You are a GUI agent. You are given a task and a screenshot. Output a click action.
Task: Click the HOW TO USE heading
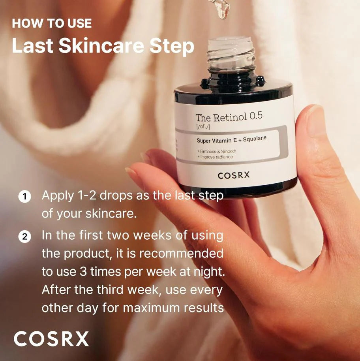(52, 23)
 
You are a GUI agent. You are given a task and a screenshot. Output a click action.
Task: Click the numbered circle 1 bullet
(25, 196)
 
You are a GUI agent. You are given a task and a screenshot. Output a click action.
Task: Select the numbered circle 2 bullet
(25, 237)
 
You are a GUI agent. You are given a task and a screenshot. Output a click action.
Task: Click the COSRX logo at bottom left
(51, 339)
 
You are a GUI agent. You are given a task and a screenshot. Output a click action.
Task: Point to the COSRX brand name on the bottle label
(234, 175)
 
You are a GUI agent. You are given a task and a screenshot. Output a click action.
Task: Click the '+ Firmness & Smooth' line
(217, 151)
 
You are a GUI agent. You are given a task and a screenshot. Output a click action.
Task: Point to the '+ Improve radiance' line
(215, 157)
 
